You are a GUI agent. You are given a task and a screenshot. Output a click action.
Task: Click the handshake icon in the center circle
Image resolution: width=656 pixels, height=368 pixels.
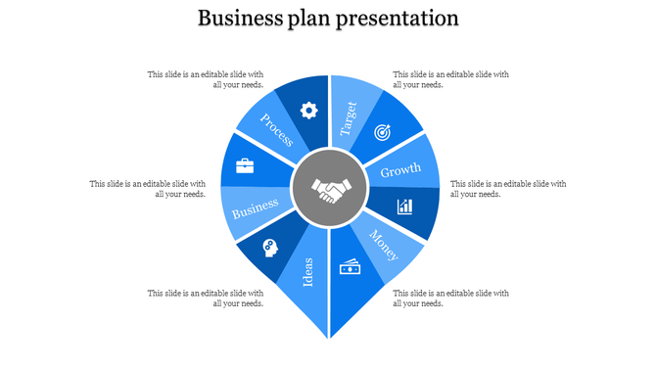tap(328, 189)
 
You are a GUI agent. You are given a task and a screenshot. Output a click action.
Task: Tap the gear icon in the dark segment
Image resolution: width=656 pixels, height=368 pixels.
tap(308, 111)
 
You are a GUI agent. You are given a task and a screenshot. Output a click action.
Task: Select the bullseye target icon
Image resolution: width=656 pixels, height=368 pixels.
tap(383, 132)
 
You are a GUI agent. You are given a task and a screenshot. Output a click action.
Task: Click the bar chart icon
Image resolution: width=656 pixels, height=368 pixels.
tap(404, 207)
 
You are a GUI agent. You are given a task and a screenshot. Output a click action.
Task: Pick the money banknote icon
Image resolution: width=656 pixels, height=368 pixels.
tap(350, 267)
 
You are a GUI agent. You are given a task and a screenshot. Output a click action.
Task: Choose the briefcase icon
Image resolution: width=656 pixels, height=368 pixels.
tap(245, 165)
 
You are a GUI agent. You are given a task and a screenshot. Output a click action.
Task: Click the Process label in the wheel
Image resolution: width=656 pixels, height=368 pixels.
tap(276, 129)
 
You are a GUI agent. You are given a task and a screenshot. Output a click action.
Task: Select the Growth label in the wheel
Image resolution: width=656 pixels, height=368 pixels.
tap(400, 170)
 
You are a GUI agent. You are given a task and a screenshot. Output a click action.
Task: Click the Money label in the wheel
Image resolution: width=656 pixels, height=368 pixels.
tap(384, 245)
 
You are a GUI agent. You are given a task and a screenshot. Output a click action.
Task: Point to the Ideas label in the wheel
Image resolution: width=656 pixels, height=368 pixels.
tap(307, 271)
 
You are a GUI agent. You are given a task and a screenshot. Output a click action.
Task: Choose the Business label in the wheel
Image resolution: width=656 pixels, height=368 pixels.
tap(256, 207)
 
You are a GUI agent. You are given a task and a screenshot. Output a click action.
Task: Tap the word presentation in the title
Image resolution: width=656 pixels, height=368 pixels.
tap(398, 19)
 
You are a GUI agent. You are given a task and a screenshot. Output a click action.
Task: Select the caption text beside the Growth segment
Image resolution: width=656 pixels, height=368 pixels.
tap(507, 188)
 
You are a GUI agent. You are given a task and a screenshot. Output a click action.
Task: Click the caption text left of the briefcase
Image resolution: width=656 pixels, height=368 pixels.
tap(147, 188)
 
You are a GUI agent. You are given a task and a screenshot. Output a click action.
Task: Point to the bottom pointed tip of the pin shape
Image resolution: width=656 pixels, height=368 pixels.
tap(328, 339)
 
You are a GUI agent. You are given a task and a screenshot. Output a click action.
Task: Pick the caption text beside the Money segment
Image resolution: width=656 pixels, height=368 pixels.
tap(450, 298)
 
